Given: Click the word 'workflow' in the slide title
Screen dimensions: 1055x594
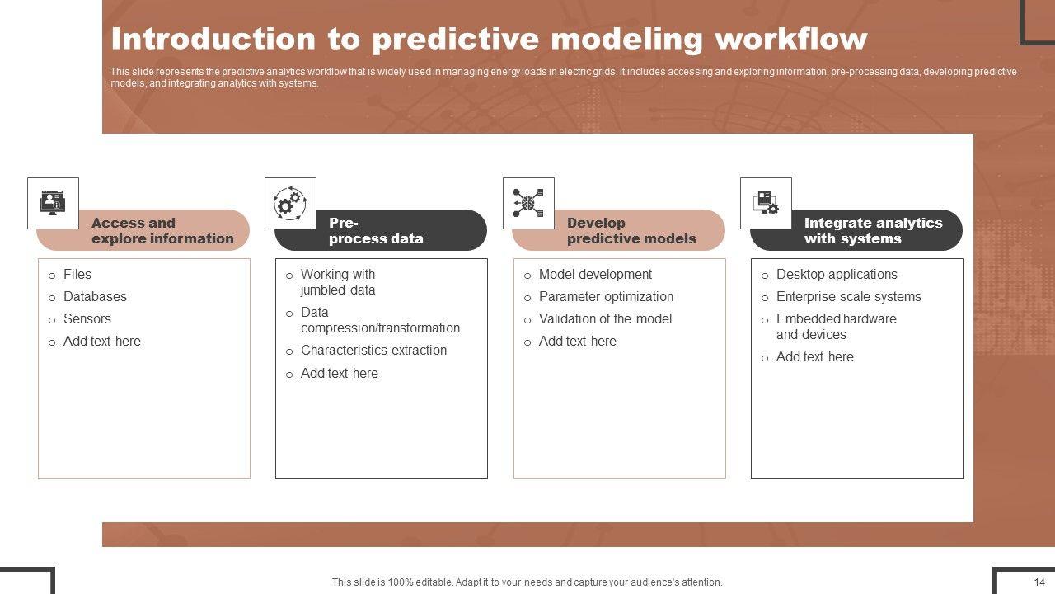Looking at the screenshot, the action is (790, 39).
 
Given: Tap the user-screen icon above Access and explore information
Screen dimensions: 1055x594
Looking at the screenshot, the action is (53, 203).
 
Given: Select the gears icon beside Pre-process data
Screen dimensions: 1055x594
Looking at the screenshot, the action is (290, 203).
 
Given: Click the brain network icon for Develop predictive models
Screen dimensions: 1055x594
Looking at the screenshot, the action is (528, 203).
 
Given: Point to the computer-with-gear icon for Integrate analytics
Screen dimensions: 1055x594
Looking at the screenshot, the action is (766, 203).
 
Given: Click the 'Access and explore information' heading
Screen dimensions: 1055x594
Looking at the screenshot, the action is (162, 230).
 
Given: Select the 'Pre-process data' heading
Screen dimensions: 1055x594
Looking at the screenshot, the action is (376, 230).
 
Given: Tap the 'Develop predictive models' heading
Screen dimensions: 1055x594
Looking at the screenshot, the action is (631, 230).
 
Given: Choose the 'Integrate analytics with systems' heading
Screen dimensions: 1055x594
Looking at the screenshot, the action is (873, 230).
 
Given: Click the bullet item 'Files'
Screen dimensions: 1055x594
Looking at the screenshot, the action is (77, 275).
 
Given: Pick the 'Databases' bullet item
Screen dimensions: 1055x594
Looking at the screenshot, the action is (95, 296).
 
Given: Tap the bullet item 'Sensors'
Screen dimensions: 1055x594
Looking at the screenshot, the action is (87, 318).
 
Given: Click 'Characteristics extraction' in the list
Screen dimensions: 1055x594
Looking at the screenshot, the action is (373, 351).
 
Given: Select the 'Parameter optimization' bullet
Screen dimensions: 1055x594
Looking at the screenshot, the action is (606, 296).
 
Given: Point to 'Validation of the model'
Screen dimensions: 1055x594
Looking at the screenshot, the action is (605, 318).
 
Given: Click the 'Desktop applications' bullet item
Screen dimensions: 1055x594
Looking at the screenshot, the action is (837, 275).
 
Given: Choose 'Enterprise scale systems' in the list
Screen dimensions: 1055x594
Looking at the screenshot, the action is (849, 296).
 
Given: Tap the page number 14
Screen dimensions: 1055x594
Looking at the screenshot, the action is (1039, 582).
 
